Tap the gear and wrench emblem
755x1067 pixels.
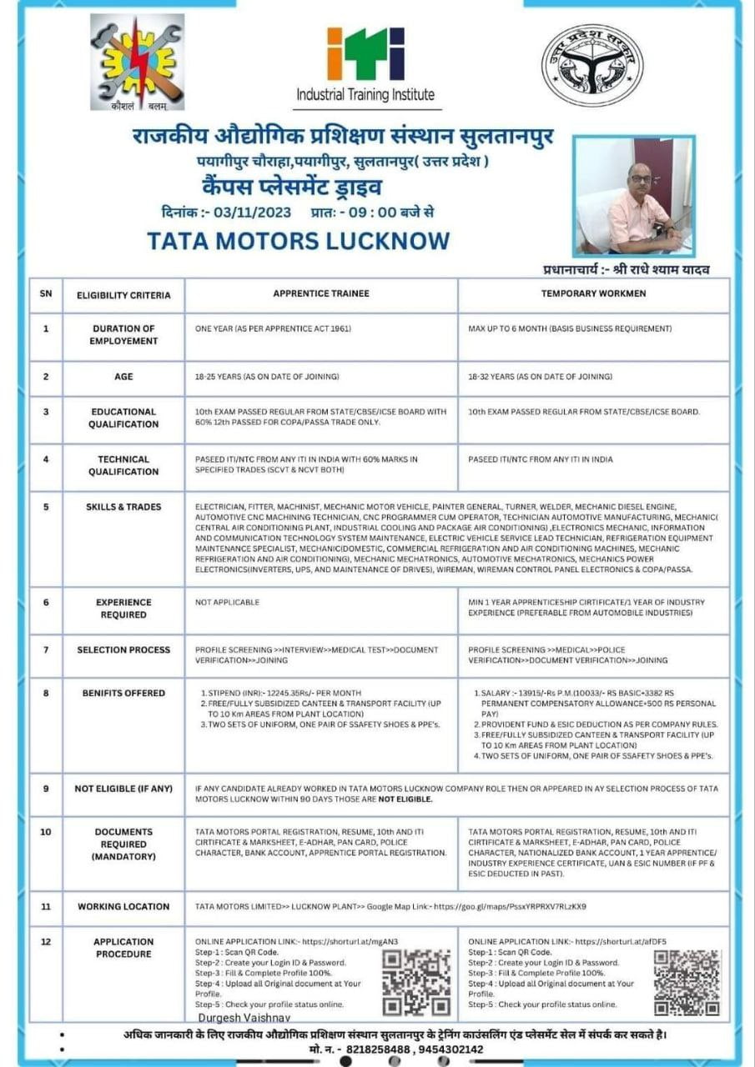(x=137, y=62)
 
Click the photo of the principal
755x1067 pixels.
(x=633, y=196)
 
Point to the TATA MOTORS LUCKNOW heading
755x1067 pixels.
(x=298, y=241)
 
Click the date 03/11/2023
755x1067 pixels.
(x=252, y=212)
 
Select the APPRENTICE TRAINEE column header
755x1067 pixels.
(x=321, y=294)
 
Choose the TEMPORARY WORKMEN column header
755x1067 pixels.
(x=593, y=294)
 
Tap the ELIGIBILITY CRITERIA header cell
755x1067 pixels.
(x=123, y=295)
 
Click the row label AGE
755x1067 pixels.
(x=123, y=377)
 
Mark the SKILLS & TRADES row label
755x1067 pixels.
(x=123, y=507)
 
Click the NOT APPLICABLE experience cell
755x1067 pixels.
(x=227, y=602)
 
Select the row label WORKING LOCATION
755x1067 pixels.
(x=123, y=906)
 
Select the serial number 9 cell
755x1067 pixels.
(x=46, y=788)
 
